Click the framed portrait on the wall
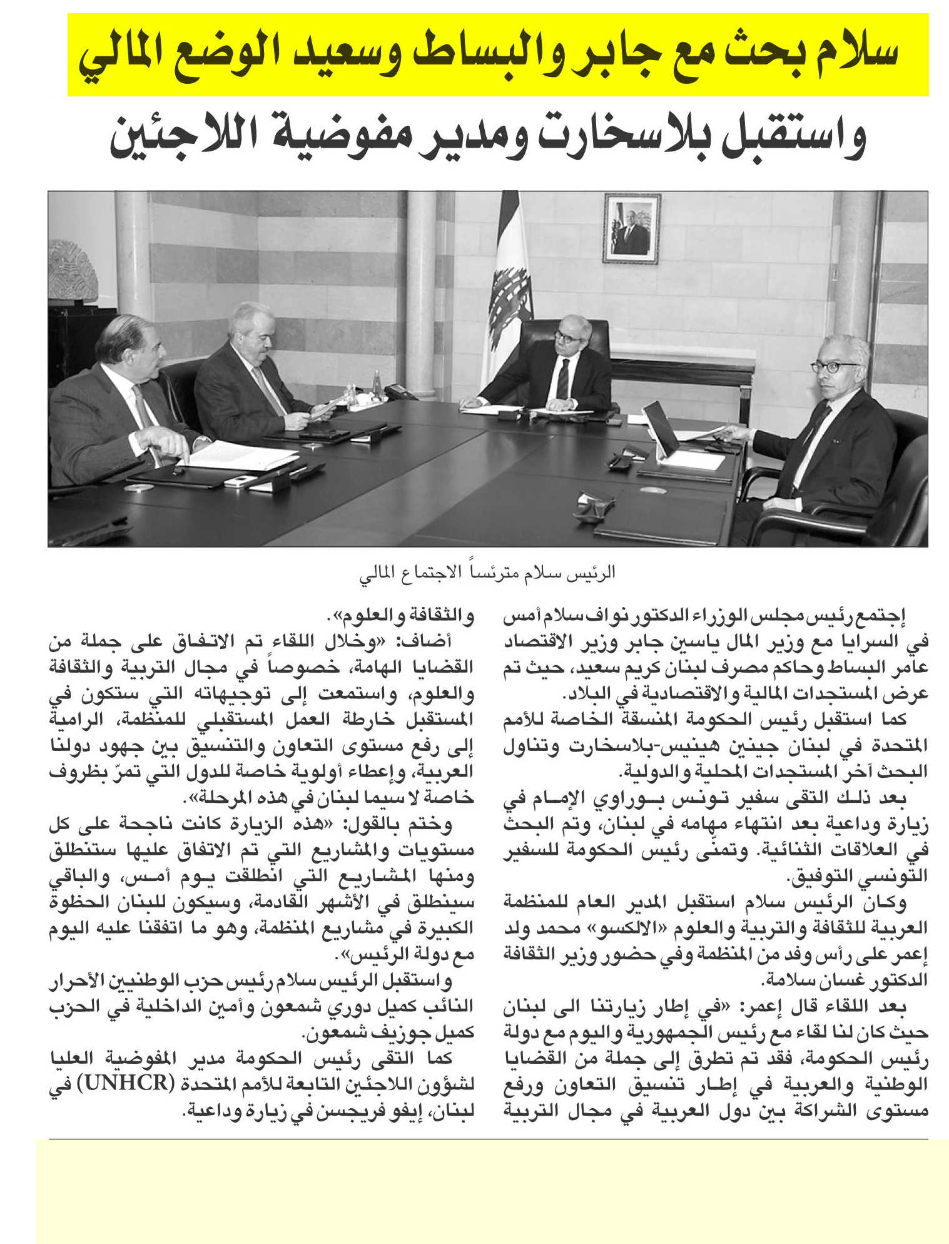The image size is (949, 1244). click(632, 228)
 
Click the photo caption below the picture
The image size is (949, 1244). click(487, 573)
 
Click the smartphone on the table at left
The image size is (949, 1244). click(241, 481)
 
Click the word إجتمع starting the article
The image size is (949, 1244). click(905, 616)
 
